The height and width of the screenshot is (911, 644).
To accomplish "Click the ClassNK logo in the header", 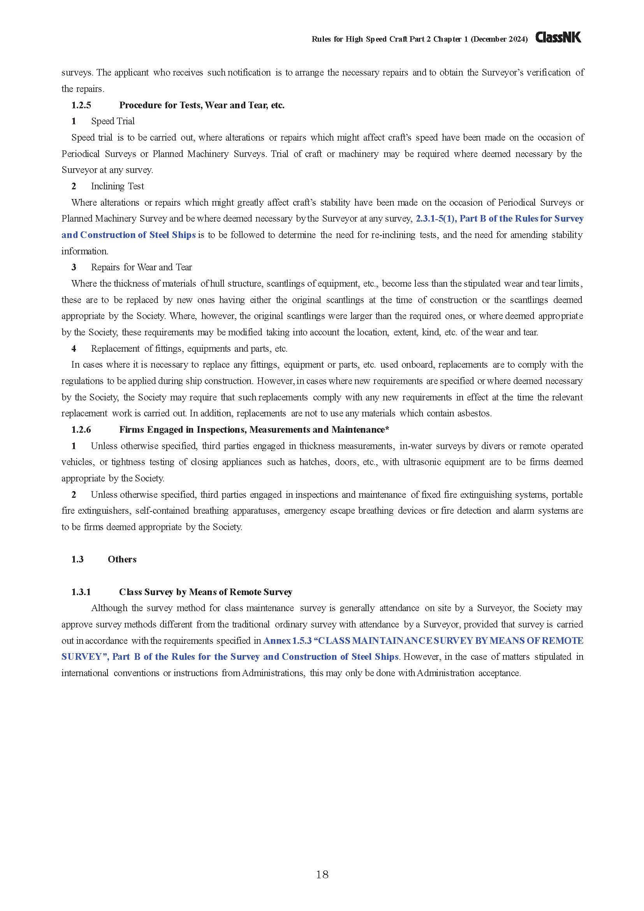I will [x=558, y=38].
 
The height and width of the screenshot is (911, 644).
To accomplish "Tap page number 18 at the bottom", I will [x=322, y=874].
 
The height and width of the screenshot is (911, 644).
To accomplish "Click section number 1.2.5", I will [x=81, y=105].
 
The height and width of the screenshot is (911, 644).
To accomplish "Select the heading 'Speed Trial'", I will [x=113, y=122].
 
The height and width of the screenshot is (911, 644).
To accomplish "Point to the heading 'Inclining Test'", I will [x=117, y=186].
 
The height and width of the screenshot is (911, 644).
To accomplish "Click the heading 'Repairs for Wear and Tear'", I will [x=141, y=268].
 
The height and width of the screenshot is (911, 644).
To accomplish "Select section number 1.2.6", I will [x=81, y=430].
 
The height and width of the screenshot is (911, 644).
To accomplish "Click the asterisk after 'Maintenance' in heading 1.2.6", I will [x=387, y=429].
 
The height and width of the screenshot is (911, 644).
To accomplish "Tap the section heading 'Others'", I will [x=122, y=559].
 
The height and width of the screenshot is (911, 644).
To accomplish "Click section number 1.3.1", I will [x=81, y=592].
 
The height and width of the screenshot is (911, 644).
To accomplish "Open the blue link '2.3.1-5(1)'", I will [x=436, y=218].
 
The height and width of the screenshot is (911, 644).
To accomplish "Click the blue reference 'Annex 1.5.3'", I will [x=287, y=641].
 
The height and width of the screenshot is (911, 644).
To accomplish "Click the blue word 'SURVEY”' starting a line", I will [x=84, y=657].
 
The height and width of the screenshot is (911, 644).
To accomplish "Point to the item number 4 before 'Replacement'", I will [x=74, y=349].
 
